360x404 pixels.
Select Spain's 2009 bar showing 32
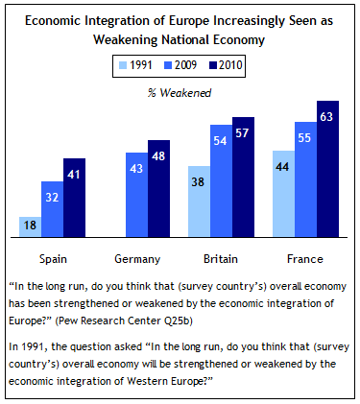pos(52,208)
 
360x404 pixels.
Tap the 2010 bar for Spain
pos(74,197)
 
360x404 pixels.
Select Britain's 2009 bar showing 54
pos(221,179)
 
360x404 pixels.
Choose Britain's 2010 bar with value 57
pos(243,177)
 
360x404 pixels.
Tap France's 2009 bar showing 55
pos(305,178)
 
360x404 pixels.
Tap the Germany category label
pos(136,259)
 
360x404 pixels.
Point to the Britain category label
pos(222,259)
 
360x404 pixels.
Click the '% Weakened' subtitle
pos(180,92)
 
